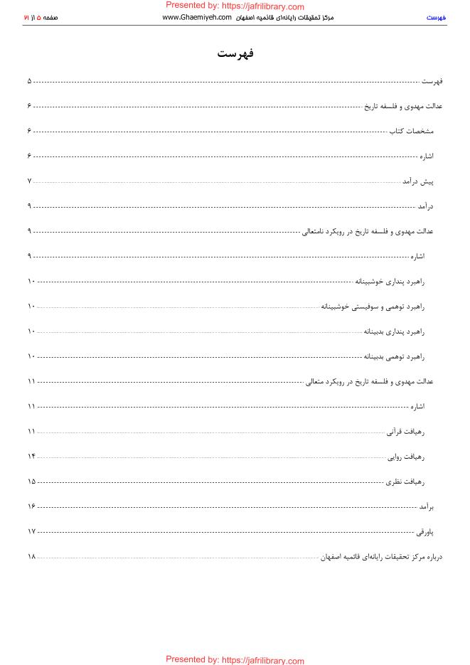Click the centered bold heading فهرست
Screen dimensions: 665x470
click(x=235, y=55)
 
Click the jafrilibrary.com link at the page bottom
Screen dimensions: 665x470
click(x=235, y=660)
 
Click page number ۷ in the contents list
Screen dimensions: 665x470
click(x=30, y=181)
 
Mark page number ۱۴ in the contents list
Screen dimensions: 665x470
click(x=31, y=457)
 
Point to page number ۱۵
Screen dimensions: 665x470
click(x=31, y=482)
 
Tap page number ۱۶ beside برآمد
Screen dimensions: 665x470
click(x=31, y=506)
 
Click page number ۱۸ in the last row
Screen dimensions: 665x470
click(x=31, y=556)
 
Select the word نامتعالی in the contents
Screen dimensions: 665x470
click(x=316, y=231)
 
